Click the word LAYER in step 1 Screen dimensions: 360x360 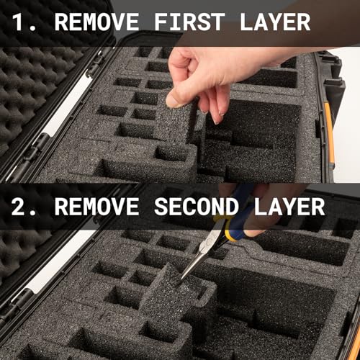(x=273, y=22)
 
